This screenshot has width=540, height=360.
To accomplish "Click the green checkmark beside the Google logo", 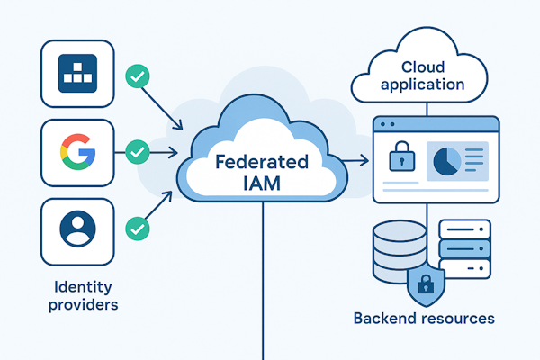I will [137, 152].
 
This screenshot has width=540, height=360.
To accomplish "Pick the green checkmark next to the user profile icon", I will [137, 228].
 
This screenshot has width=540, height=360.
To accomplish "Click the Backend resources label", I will [424, 319].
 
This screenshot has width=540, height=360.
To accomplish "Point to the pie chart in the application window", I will [447, 161].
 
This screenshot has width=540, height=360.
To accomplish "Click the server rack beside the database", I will [463, 243].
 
